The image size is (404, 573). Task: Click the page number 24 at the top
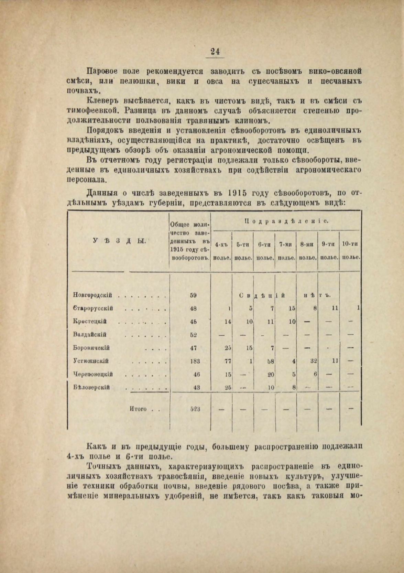tap(215, 52)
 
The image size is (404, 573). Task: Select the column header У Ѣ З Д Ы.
tap(120, 241)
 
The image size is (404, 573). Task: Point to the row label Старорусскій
tap(93, 309)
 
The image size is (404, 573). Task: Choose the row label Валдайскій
tap(90, 334)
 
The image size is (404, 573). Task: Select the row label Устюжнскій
tap(91, 361)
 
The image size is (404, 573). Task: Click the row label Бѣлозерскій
tap(91, 388)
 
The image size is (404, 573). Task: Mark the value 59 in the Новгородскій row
tap(193, 295)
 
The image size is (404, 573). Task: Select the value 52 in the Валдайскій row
tap(194, 334)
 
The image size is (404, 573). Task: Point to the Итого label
tap(138, 409)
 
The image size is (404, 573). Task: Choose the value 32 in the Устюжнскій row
tap(313, 361)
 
